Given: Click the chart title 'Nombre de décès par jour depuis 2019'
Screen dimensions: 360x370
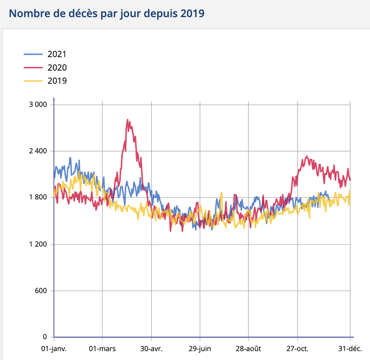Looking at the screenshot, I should pyautogui.click(x=107, y=13).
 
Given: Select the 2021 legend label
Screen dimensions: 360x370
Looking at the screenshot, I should pyautogui.click(x=57, y=54).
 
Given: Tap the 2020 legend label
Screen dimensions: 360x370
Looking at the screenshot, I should pyautogui.click(x=57, y=67).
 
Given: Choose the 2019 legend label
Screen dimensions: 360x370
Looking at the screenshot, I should pyautogui.click(x=57, y=81).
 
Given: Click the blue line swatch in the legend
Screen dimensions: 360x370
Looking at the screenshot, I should pyautogui.click(x=33, y=54).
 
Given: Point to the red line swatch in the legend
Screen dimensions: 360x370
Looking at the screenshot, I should pyautogui.click(x=33, y=67).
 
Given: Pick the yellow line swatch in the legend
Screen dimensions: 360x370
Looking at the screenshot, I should pyautogui.click(x=33, y=81).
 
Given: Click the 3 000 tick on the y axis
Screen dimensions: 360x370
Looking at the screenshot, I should pyautogui.click(x=38, y=104).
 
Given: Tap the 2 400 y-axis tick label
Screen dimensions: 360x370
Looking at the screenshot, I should pyautogui.click(x=38, y=151).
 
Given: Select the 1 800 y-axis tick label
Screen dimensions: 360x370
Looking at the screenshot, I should pyautogui.click(x=38, y=198).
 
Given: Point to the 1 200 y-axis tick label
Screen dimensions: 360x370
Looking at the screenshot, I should pyautogui.click(x=38, y=244).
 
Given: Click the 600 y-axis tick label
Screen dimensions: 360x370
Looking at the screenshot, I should pyautogui.click(x=41, y=290).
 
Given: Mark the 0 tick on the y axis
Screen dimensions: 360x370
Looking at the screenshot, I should pyautogui.click(x=45, y=337).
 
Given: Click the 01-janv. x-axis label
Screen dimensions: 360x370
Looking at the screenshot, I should pyautogui.click(x=54, y=349).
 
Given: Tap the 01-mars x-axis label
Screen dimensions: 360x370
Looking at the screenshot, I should pyautogui.click(x=103, y=349).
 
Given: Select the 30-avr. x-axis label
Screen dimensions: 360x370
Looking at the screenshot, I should pyautogui.click(x=151, y=349).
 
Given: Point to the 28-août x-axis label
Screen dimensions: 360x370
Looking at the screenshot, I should pyautogui.click(x=248, y=349).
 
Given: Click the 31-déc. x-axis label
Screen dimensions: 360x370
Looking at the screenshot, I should pyautogui.click(x=351, y=349).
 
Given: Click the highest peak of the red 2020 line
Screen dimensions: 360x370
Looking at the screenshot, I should pyautogui.click(x=128, y=120).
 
